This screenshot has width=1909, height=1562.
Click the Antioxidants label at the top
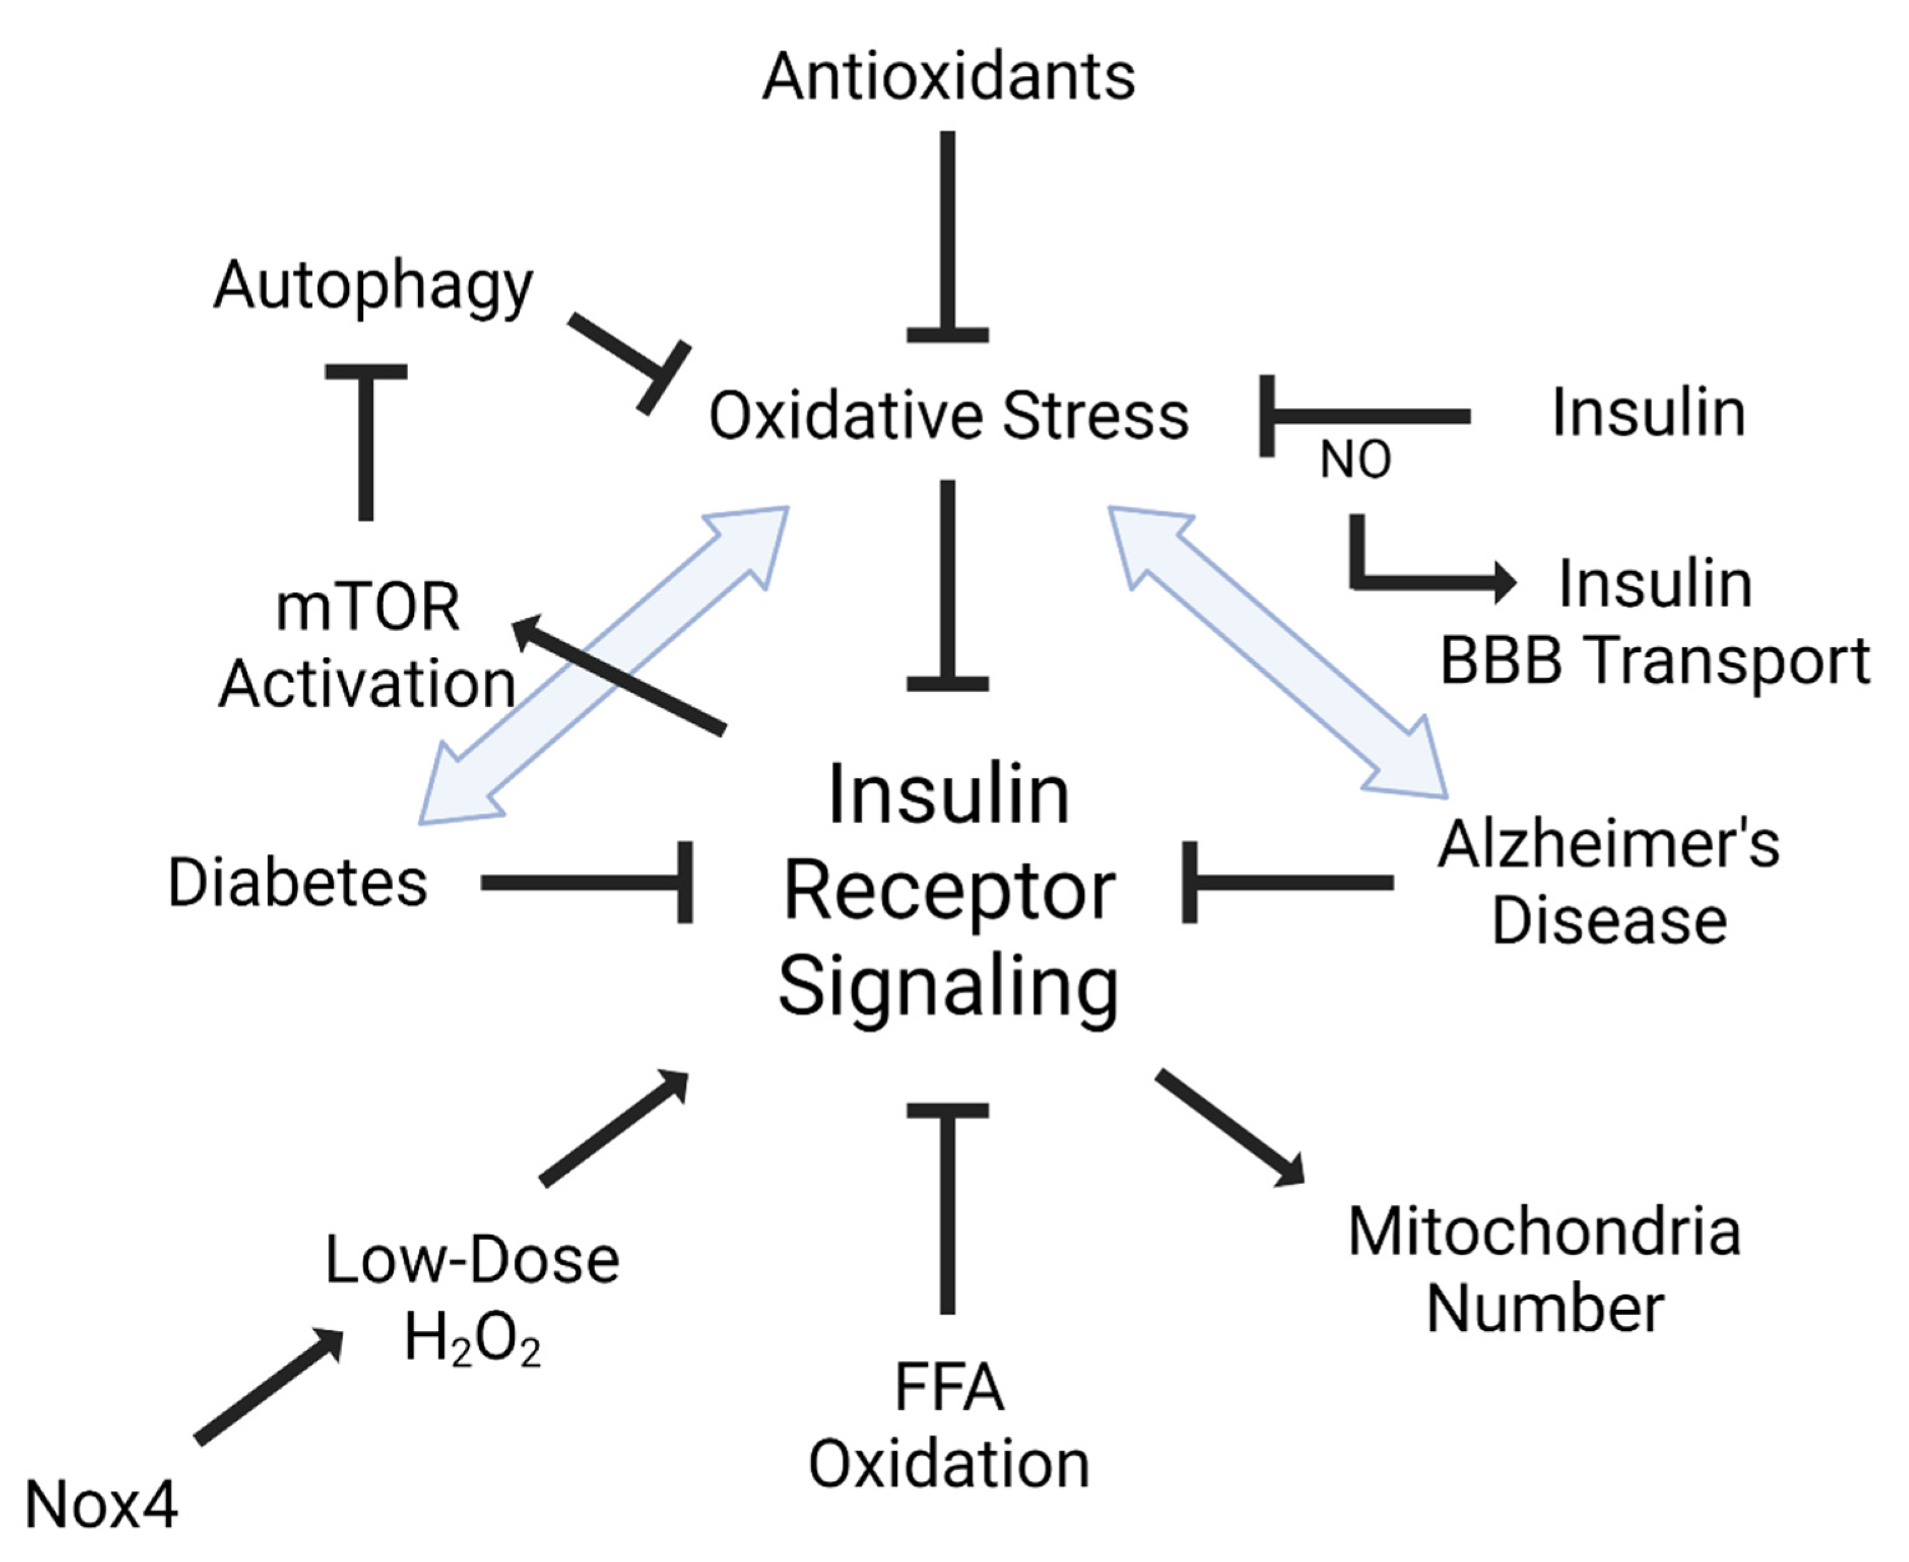948,77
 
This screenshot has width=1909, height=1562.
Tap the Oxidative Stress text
948,415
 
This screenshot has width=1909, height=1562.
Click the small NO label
1355,461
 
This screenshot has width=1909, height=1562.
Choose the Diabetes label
297,883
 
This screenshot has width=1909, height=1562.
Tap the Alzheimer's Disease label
1608,883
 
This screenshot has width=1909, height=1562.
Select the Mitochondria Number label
1544,1269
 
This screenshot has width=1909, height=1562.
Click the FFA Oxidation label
948,1426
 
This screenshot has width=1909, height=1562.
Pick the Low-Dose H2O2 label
471,1298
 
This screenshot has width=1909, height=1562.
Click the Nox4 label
101,1505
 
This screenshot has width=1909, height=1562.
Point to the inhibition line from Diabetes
585,883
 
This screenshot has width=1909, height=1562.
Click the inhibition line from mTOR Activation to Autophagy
366,445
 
